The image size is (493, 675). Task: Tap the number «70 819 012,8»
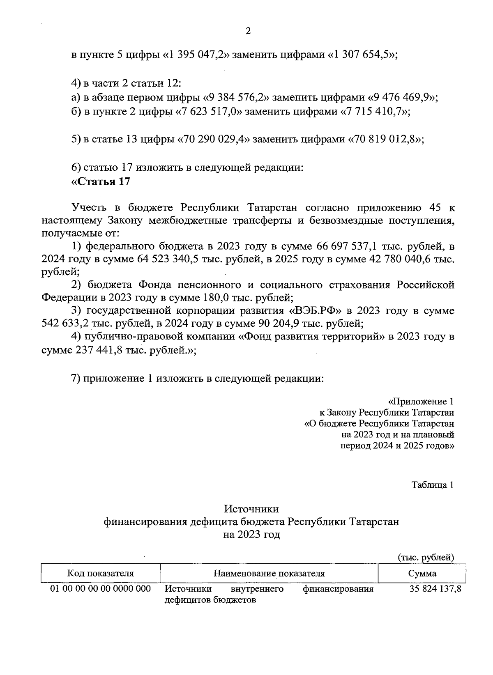tap(386, 139)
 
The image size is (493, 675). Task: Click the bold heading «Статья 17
tap(101, 181)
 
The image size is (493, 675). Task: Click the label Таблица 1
tap(433, 485)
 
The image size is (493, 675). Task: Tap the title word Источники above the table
tap(251, 509)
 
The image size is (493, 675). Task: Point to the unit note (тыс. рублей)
tap(426, 557)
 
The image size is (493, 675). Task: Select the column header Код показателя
tap(101, 574)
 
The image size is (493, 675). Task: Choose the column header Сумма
tap(422, 574)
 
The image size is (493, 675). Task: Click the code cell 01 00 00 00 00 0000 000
tap(101, 589)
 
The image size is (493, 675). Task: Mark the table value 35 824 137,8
tap(435, 589)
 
